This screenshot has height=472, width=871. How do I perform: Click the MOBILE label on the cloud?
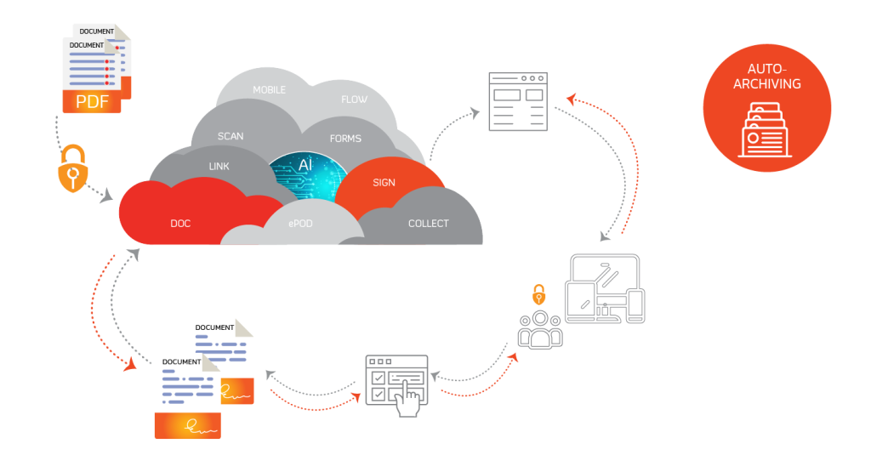(x=269, y=90)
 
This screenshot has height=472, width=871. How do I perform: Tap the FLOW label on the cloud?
(x=355, y=100)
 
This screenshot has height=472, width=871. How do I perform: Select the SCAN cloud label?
(x=231, y=136)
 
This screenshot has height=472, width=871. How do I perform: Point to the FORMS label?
(x=345, y=139)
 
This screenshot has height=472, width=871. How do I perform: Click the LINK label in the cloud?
(x=219, y=166)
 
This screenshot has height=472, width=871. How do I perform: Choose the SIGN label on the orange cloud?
(x=384, y=183)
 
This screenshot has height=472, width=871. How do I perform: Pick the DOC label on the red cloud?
(x=180, y=224)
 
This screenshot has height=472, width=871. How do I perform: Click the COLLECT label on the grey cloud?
(x=428, y=224)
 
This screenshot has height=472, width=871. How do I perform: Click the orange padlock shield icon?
(x=72, y=173)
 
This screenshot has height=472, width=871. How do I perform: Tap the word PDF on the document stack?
(x=92, y=102)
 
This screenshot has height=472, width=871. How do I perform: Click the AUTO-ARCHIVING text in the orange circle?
(x=767, y=76)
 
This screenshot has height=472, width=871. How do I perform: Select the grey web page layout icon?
(x=517, y=102)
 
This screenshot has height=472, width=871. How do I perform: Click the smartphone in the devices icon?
(x=635, y=305)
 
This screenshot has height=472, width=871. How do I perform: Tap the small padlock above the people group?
(x=538, y=295)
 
